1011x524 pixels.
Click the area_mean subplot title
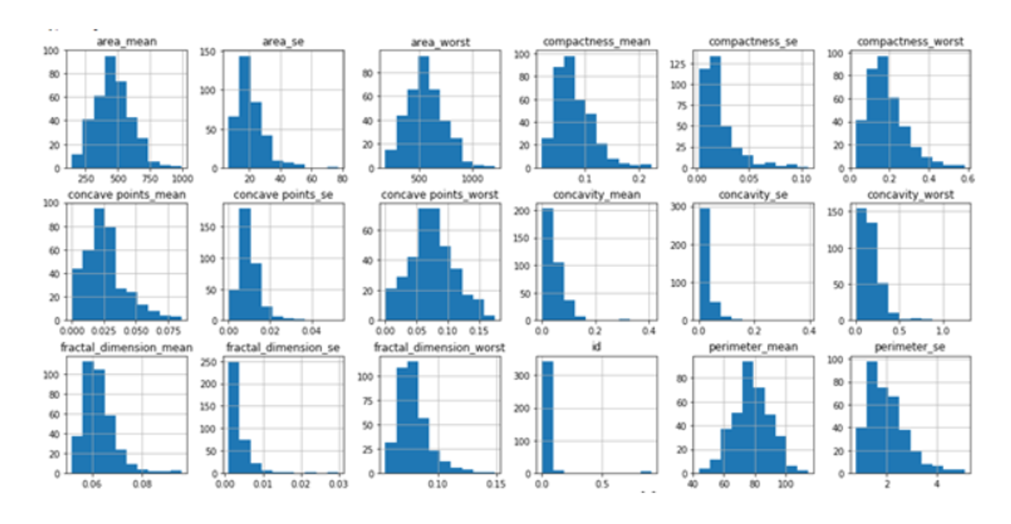(126, 41)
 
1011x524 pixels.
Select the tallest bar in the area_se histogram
(245, 111)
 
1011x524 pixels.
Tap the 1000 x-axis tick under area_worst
(472, 179)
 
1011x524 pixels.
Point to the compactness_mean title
(596, 41)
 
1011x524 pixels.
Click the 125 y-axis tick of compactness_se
(678, 64)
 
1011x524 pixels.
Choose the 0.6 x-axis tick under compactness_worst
(968, 179)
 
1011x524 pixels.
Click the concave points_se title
(283, 195)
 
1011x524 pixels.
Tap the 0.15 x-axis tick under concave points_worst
(478, 331)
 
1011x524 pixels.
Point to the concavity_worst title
(910, 195)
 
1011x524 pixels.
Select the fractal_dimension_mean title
(126, 347)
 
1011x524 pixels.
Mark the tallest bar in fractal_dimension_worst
(413, 417)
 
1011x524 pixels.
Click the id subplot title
(596, 347)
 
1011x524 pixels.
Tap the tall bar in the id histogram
(547, 417)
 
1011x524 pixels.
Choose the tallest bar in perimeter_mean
(748, 417)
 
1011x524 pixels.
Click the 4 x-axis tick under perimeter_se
(937, 484)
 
